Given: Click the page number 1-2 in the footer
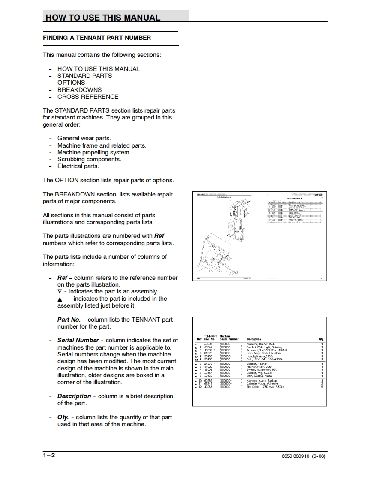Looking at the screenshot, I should tap(49, 455).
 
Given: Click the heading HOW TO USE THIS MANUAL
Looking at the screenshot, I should tap(103, 18).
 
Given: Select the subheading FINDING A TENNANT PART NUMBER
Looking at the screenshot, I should tap(97, 38).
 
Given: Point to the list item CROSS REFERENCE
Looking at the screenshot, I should tap(88, 97).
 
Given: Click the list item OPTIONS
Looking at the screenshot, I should tap(71, 83).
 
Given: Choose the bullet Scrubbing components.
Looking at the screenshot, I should tap(89, 159).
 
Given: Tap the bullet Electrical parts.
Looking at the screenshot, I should tap(78, 166).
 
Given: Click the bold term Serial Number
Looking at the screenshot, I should tap(78, 340).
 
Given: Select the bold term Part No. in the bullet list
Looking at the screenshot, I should tap(69, 320).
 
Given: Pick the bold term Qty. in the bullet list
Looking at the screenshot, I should tap(63, 417).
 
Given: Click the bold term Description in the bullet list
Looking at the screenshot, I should tap(74, 396).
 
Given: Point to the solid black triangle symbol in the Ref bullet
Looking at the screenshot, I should tap(60, 299).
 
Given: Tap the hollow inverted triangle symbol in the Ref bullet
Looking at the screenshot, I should tap(60, 292).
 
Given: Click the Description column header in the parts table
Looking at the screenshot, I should tap(254, 339).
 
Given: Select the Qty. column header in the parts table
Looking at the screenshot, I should tap(321, 339).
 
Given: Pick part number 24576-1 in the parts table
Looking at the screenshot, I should tap(210, 364).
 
